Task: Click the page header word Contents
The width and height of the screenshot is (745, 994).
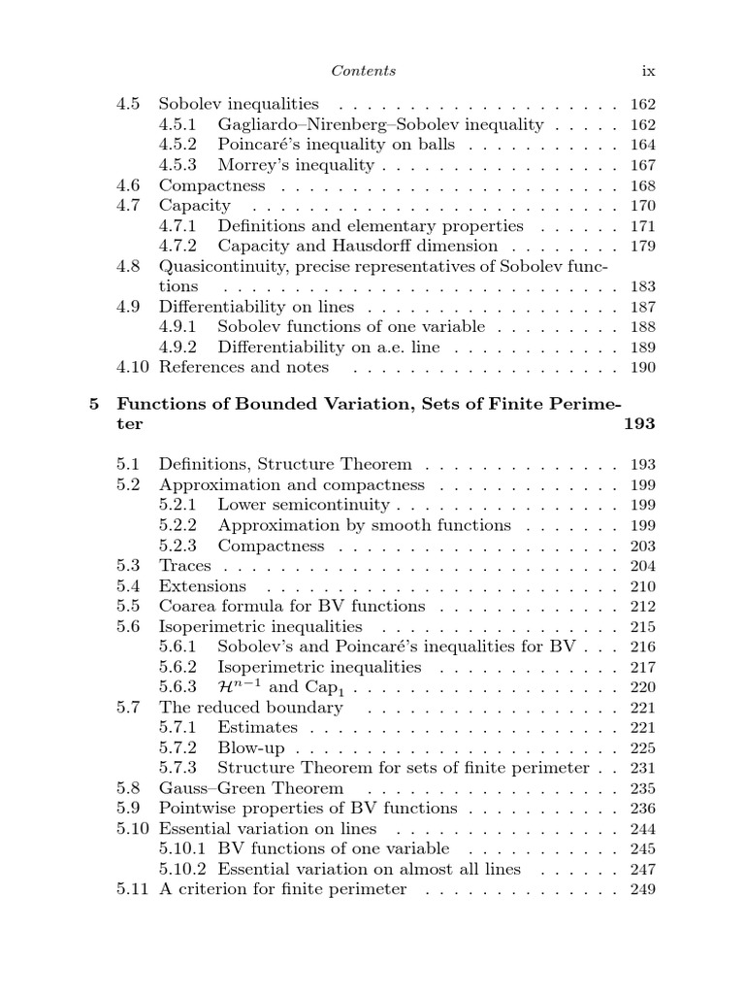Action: (364, 71)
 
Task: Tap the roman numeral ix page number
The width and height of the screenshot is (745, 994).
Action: (649, 71)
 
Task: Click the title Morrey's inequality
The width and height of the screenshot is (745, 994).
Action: (296, 165)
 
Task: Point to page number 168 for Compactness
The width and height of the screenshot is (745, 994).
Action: (642, 185)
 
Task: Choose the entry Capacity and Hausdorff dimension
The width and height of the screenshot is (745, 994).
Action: (357, 247)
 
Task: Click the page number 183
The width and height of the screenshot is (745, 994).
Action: (642, 287)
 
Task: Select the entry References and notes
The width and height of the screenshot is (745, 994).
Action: (243, 368)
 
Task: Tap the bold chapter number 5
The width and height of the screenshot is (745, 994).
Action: (94, 404)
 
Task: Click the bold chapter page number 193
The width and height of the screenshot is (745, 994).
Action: (639, 424)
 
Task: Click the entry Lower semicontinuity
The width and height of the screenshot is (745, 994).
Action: (304, 505)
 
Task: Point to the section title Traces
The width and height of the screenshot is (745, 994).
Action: (184, 566)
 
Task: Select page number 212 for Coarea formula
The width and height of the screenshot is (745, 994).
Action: (642, 607)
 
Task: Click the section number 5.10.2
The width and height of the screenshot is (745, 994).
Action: (182, 870)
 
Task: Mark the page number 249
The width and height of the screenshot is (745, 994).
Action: (642, 890)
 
